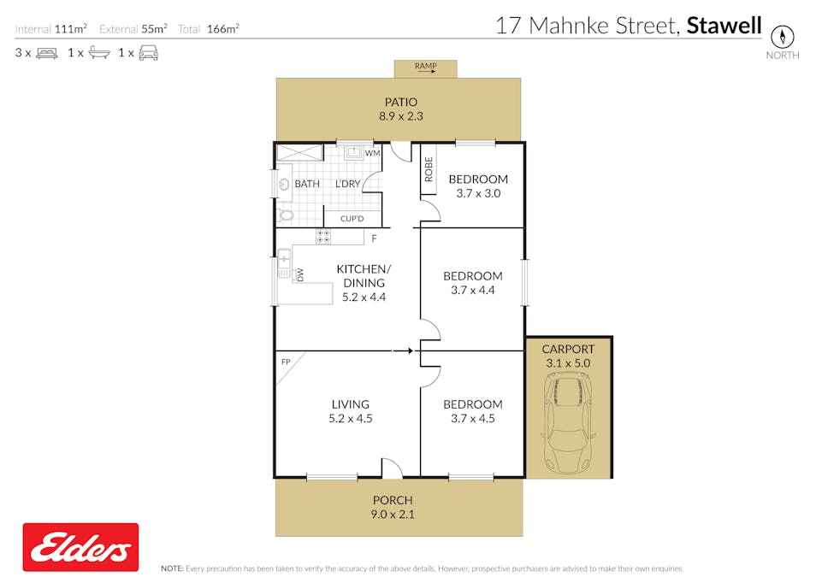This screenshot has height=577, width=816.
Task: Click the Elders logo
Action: point(80,547)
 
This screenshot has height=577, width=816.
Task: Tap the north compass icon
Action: point(782,37)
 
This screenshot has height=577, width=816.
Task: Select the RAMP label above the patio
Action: point(425,66)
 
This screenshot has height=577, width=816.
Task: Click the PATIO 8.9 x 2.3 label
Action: point(400,109)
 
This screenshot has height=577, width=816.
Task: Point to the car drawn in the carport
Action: point(567,424)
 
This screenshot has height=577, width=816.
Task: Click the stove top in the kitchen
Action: point(323,236)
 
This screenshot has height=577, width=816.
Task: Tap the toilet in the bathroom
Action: point(285,215)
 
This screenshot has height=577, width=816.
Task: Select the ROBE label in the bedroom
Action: point(429,169)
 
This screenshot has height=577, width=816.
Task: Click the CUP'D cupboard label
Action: point(352,219)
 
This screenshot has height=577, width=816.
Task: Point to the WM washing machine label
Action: point(373,153)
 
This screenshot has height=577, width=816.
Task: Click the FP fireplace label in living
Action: point(286,362)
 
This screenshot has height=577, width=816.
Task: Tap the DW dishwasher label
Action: point(299,274)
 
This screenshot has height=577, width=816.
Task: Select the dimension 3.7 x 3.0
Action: point(478,193)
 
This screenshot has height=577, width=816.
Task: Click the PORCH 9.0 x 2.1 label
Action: point(393,507)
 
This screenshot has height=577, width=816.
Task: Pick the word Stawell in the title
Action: point(724,26)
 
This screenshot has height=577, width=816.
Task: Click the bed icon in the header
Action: point(47,52)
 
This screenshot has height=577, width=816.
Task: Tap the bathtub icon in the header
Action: point(99,52)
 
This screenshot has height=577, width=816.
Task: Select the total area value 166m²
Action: point(222,28)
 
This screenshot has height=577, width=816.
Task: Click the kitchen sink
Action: point(284,264)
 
